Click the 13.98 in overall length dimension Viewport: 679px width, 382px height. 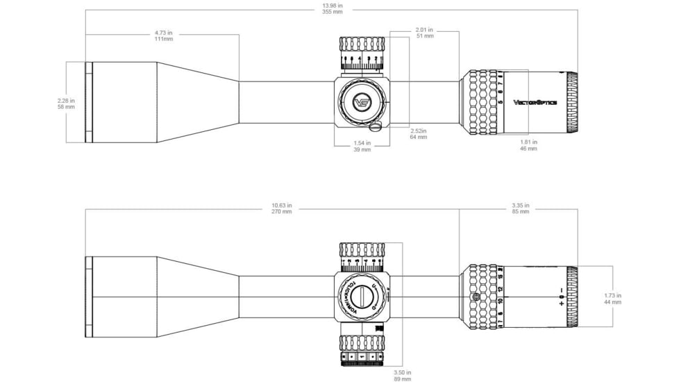333,9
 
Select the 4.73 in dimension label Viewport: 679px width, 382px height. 164,35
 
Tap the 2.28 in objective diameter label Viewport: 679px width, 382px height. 67,103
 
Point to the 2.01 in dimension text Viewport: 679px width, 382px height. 424,33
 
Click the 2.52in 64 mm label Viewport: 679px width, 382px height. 419,133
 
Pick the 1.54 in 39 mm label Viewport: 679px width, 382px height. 362,146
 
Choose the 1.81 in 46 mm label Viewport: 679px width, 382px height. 528,145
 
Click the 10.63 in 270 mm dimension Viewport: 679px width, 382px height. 282,208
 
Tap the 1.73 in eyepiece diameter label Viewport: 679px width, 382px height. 612,299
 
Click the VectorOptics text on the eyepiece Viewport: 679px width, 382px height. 535,102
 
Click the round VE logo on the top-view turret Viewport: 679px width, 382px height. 362,102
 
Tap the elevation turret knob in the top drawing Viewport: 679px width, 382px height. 362,54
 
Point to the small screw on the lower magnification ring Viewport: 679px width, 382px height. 475,297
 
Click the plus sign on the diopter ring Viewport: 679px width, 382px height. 561,304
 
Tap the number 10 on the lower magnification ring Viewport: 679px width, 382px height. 499,300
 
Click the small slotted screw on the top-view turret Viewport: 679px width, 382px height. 376,126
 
